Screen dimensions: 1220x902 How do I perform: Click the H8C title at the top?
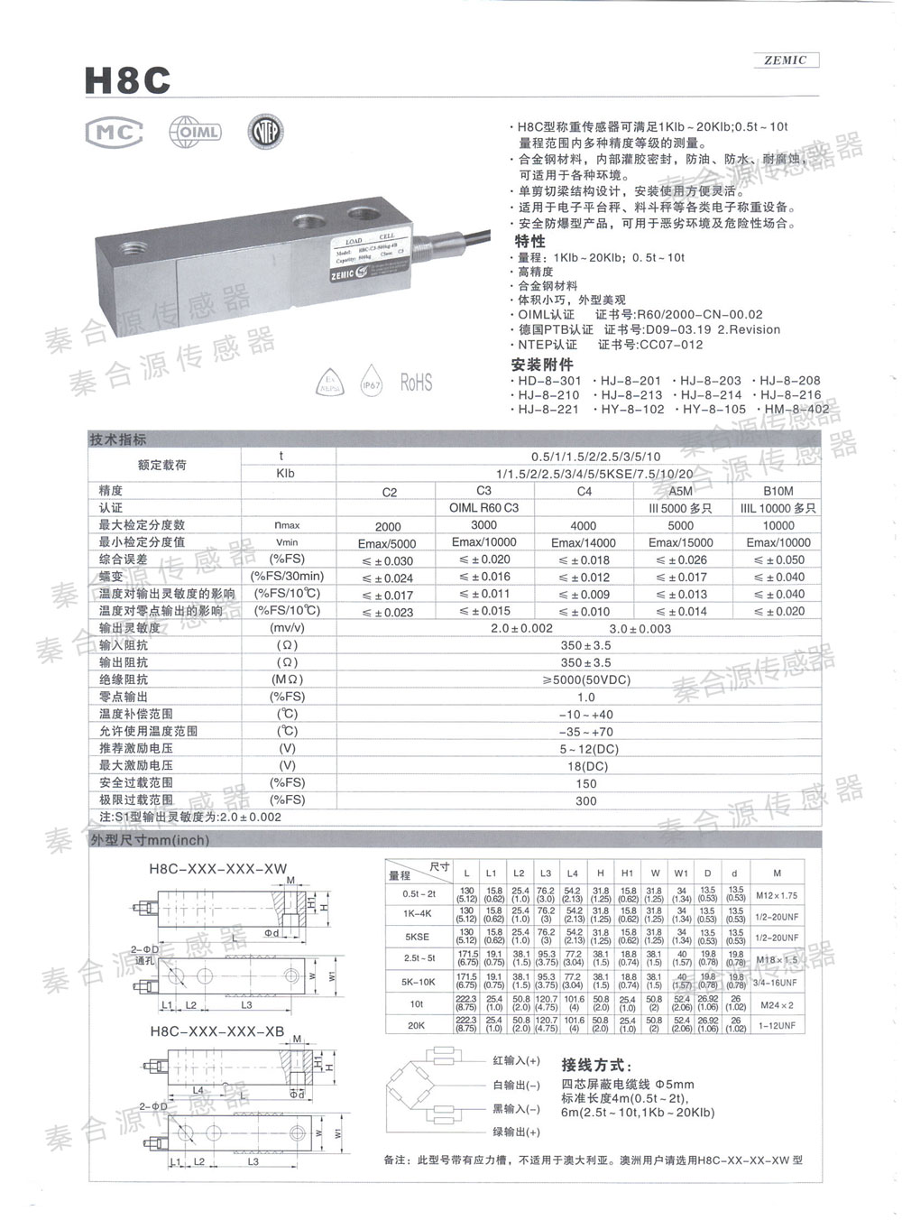[x=127, y=80]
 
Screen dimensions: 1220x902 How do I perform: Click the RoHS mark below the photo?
[x=416, y=383]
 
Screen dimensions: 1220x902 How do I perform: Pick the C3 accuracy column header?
[x=483, y=491]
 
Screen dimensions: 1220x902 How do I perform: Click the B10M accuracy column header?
[x=778, y=492]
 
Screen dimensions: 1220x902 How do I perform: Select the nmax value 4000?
[x=583, y=525]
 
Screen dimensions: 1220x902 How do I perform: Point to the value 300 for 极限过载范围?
[x=585, y=800]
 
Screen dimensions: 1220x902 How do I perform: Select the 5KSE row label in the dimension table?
[x=416, y=937]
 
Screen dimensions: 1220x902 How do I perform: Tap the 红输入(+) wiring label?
[x=517, y=1060]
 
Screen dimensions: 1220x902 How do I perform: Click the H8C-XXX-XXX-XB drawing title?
[x=216, y=1030]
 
